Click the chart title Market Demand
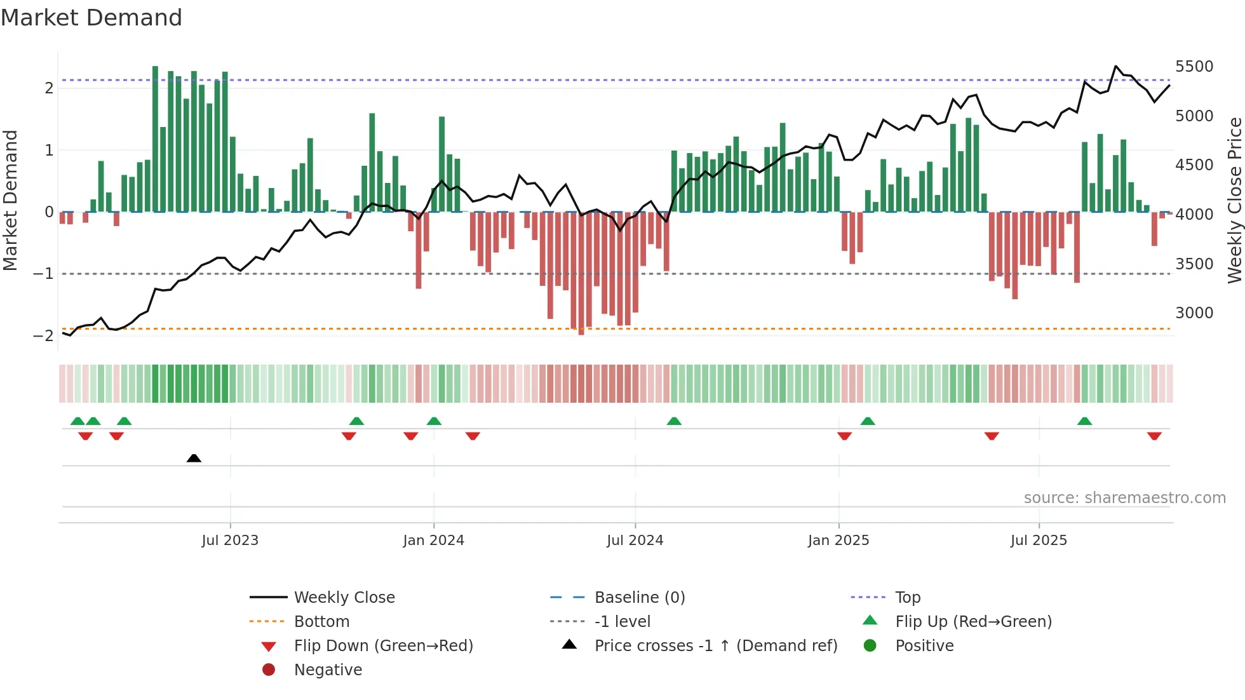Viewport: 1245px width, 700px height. (91, 18)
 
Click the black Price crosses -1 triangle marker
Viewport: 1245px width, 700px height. (194, 458)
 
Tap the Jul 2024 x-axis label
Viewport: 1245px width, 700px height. (635, 541)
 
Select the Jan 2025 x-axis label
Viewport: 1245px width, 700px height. (838, 541)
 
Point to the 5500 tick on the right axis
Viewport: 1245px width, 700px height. (1194, 67)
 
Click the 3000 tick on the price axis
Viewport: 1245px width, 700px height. (1194, 313)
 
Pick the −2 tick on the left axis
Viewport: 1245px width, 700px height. (44, 336)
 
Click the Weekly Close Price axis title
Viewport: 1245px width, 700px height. (1234, 200)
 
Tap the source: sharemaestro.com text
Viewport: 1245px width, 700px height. (1124, 498)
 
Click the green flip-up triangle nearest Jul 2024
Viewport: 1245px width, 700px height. (674, 421)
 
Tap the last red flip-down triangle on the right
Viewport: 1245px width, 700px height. (1154, 436)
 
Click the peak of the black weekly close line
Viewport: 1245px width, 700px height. (1116, 66)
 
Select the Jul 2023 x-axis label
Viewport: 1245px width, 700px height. (230, 541)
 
